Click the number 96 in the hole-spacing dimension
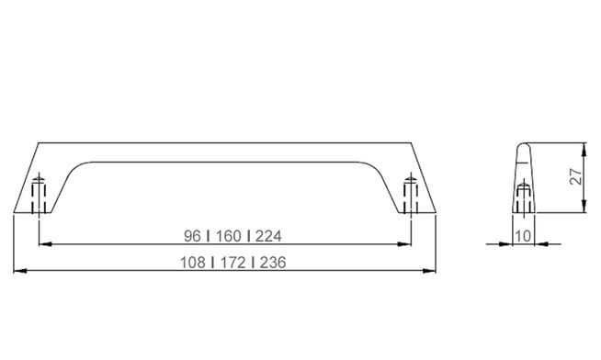coord(193,236)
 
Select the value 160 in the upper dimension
coord(225,236)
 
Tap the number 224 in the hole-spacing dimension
coord(268,236)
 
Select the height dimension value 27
coord(575,177)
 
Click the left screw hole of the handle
coord(39,193)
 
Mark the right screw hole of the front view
coord(410,193)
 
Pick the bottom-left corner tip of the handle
coord(17,213)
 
